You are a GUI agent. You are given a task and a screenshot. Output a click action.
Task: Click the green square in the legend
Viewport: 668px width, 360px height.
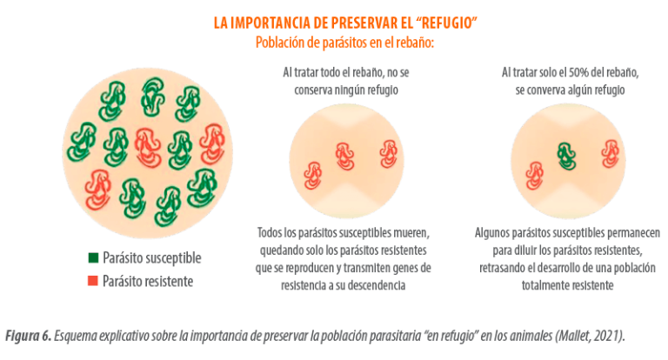point(93,257)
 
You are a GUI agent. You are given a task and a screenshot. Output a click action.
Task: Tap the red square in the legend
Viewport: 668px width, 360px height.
point(93,281)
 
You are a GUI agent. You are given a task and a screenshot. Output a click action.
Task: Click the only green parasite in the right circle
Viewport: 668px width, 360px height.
point(566,157)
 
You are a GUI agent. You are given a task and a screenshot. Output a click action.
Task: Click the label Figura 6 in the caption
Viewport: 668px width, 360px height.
point(28,336)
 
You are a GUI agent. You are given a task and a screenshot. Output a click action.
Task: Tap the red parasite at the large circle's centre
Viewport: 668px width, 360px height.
point(147,148)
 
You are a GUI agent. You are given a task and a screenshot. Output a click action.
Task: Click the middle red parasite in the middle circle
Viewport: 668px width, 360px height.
point(344,157)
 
